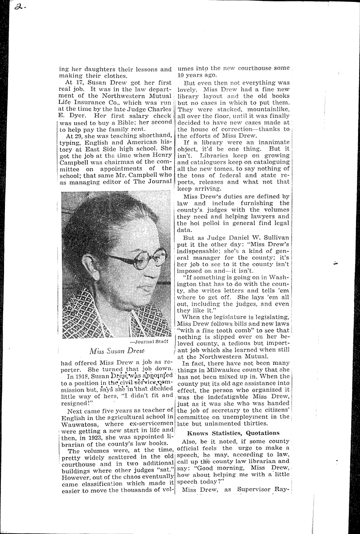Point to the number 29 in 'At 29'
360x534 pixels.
[x=79, y=137]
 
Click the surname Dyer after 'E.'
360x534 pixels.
[x=77, y=116]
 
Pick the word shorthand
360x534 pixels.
[x=153, y=137]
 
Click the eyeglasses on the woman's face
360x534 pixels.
[x=135, y=259]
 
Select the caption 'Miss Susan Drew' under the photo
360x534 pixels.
[x=117, y=350]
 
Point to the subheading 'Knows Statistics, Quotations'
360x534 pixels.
[x=234, y=433]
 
